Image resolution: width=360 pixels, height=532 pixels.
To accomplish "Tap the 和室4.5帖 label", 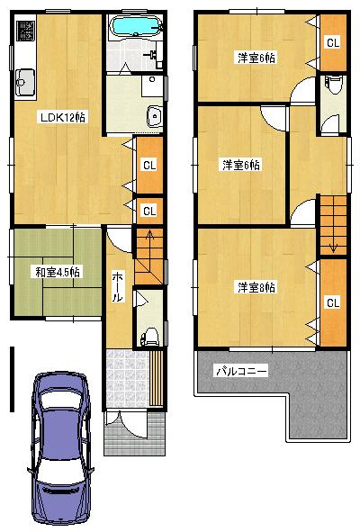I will pyautogui.click(x=58, y=271).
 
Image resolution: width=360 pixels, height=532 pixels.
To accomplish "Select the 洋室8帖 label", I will pyautogui.click(x=256, y=287).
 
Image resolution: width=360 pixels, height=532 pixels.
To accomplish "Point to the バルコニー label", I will pyautogui.click(x=239, y=370).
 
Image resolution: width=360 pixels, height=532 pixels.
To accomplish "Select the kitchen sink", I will pyautogui.click(x=23, y=83).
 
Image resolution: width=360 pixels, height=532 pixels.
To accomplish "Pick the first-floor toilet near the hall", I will pyautogui.click(x=150, y=336).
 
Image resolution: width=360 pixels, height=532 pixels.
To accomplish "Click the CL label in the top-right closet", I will pyautogui.click(x=332, y=42).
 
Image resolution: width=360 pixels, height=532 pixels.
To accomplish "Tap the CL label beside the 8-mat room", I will pyautogui.click(x=332, y=302).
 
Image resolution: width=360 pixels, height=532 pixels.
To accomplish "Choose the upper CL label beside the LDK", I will pyautogui.click(x=148, y=164).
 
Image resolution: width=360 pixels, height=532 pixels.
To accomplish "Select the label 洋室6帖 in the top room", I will pyautogui.click(x=256, y=58).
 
